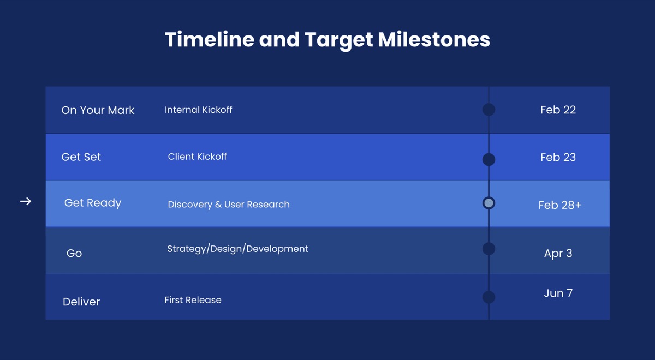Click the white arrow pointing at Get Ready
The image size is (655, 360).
click(26, 202)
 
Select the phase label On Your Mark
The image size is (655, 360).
click(98, 110)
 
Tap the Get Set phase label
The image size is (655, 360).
click(81, 157)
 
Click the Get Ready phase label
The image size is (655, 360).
click(93, 203)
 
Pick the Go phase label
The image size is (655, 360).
click(74, 253)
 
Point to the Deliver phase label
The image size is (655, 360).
click(81, 302)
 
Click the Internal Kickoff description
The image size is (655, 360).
click(198, 110)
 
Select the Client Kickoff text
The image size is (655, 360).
click(197, 157)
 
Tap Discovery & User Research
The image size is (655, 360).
click(229, 205)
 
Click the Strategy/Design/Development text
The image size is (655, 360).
click(237, 249)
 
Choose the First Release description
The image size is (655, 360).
click(193, 300)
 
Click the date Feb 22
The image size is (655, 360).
click(558, 110)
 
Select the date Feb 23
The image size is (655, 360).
click(558, 157)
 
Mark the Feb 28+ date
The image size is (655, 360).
click(559, 205)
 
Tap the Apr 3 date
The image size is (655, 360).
click(558, 253)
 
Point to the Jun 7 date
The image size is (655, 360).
click(558, 293)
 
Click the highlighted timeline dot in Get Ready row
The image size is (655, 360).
click(489, 203)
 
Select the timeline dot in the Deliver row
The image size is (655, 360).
click(489, 297)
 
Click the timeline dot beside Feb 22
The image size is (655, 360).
click(489, 110)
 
